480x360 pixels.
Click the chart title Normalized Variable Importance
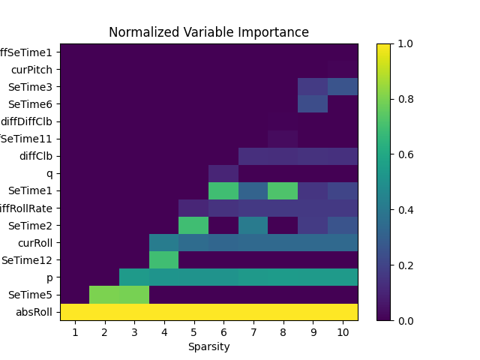[208, 32]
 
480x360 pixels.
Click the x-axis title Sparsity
[208, 346]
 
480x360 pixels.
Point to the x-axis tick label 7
[253, 332]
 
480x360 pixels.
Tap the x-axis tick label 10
[343, 332]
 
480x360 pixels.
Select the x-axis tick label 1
[75, 332]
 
